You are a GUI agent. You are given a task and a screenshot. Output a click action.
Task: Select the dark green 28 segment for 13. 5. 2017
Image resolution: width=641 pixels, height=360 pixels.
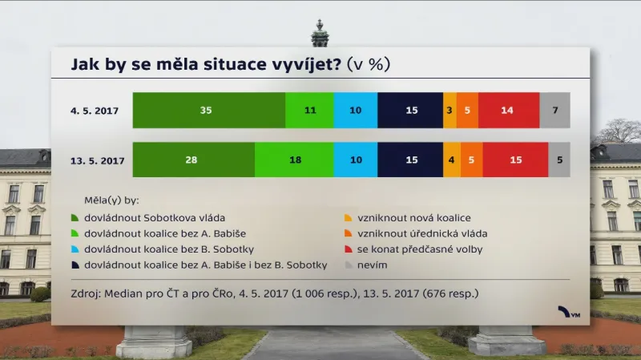coord(193,160)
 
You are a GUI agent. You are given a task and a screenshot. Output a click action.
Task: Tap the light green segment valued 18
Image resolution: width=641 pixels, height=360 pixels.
coord(295,160)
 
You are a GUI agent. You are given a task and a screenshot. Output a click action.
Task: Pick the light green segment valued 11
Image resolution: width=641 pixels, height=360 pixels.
coord(309,111)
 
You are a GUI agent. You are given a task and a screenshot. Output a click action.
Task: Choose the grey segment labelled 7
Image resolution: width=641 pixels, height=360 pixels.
coord(554,111)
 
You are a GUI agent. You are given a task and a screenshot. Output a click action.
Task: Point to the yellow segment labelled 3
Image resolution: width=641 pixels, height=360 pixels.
coord(450,111)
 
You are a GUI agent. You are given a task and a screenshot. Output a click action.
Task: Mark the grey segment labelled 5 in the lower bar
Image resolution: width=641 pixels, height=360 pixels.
coord(559,160)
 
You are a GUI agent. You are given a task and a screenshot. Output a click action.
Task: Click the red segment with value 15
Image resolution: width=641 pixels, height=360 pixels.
coord(515,160)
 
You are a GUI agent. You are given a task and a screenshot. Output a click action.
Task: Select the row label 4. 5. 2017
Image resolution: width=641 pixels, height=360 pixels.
coord(95,111)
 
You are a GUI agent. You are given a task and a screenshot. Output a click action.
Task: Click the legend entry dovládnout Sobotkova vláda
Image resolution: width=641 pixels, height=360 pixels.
coord(155,218)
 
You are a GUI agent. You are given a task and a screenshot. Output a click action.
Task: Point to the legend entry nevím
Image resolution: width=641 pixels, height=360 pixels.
coord(370,265)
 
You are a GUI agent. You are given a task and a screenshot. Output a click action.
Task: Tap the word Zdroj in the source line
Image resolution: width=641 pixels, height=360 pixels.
coord(86,293)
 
